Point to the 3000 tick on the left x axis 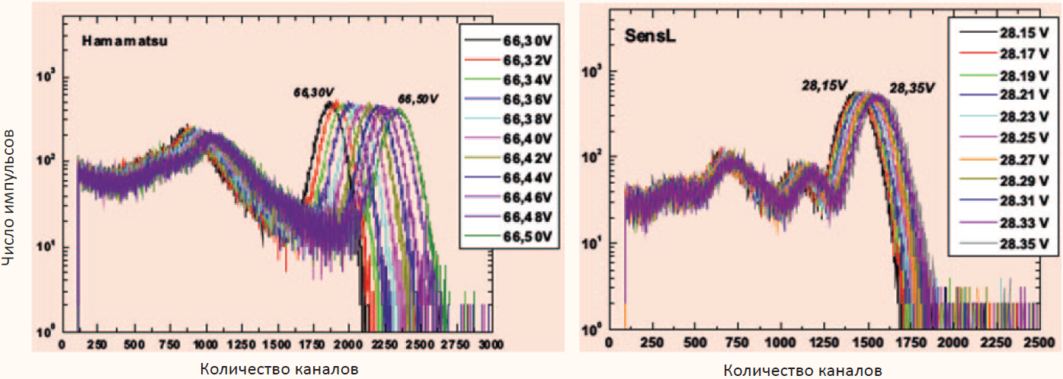click(x=490, y=345)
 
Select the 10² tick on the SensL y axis click(x=590, y=156)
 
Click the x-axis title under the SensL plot click(x=802, y=371)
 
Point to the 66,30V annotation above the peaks click(x=314, y=92)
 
